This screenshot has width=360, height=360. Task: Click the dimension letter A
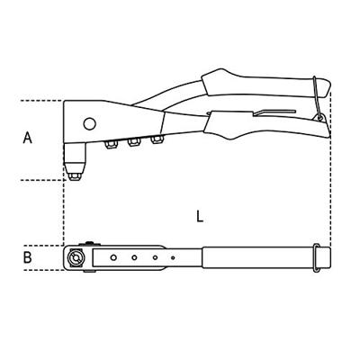click(27, 138)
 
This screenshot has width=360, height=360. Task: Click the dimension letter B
click(27, 257)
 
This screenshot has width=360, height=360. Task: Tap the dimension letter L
click(200, 216)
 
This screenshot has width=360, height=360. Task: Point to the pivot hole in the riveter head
click(89, 123)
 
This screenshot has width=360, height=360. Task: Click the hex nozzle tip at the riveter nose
click(74, 176)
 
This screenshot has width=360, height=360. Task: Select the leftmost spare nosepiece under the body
click(110, 145)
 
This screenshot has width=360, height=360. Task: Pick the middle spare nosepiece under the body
click(133, 142)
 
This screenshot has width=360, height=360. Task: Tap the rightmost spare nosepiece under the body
click(157, 139)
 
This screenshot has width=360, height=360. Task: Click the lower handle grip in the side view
click(267, 125)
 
